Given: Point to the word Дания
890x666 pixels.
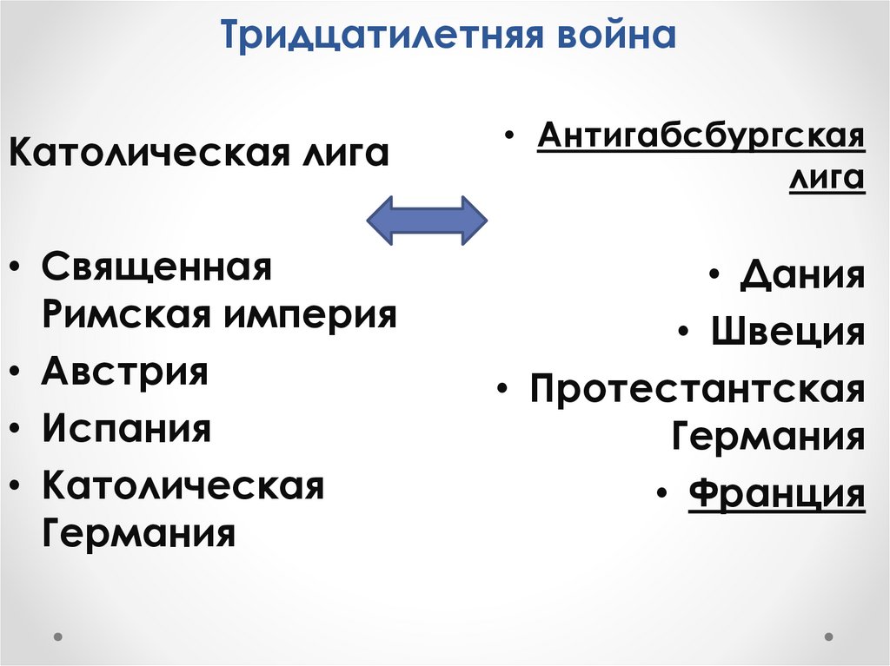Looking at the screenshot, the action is pyautogui.click(x=802, y=276).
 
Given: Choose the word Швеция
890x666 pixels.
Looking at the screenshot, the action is pyautogui.click(x=788, y=331).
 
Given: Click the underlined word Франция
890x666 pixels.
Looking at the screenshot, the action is pyautogui.click(x=776, y=494).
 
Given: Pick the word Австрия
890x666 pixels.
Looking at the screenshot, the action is pyautogui.click(x=125, y=372).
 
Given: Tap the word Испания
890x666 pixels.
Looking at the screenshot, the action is pyautogui.click(x=127, y=428).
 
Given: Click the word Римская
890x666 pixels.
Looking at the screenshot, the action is pyautogui.click(x=122, y=313).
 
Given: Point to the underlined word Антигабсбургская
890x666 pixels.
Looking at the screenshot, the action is pyautogui.click(x=701, y=136).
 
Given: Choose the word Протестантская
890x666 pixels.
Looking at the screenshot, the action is pyautogui.click(x=698, y=388).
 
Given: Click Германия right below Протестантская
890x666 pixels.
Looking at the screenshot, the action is pyautogui.click(x=768, y=436).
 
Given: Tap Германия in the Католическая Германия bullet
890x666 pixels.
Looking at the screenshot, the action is pyautogui.click(x=138, y=531).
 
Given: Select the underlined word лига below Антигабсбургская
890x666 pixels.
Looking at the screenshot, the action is pyautogui.click(x=827, y=178).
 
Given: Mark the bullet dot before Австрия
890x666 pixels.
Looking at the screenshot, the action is pyautogui.click(x=18, y=373).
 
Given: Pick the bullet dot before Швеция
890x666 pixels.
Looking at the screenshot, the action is pyautogui.click(x=686, y=333).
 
